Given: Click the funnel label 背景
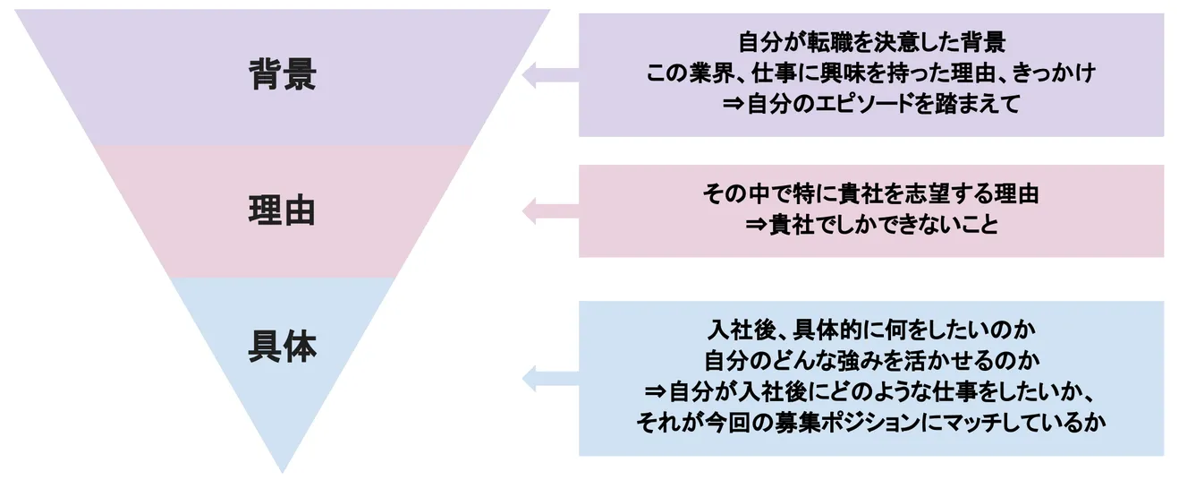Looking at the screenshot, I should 282,75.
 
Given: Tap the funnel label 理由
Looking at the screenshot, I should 282,211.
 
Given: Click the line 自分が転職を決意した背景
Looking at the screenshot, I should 871,42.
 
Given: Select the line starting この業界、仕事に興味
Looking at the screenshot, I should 871,73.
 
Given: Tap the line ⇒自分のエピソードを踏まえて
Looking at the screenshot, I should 871,105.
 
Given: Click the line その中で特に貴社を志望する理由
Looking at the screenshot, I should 871,194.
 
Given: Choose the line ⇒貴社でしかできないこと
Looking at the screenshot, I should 871,225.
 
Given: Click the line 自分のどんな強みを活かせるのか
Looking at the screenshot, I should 871,361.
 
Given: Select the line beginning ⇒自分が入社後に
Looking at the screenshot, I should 871,391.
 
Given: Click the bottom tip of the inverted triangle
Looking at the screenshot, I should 282,469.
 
